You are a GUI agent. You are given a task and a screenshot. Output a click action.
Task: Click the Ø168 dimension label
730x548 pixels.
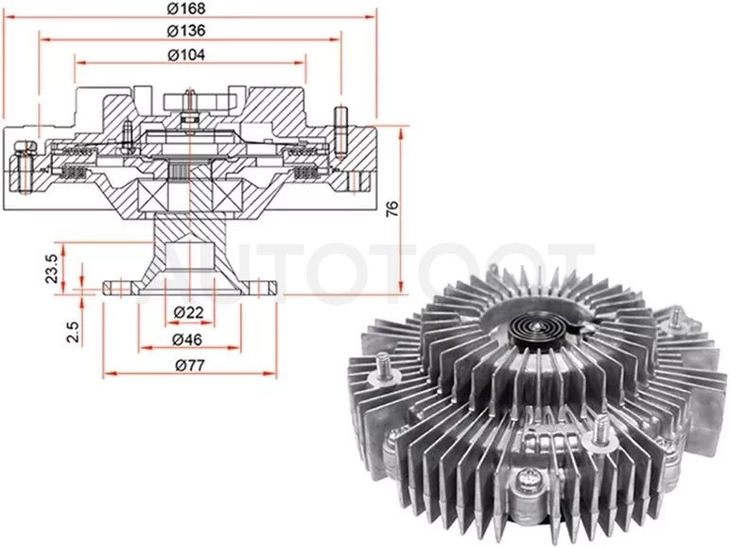point(185,8)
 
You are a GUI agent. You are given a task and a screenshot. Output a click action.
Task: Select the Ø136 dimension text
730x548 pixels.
point(185,30)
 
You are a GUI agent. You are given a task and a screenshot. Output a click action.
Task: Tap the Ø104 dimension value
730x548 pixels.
point(185,55)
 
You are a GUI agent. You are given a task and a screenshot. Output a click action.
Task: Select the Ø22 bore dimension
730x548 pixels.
point(188,312)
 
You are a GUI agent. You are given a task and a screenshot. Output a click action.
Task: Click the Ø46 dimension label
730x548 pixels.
point(187,339)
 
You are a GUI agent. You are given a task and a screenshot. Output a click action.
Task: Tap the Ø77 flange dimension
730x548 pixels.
point(190,365)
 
